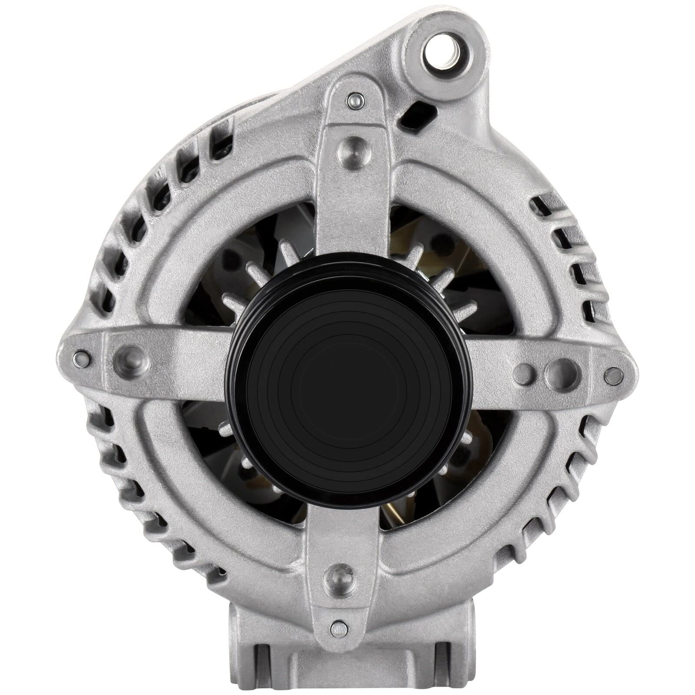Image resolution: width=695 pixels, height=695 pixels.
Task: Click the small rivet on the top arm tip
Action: [x=355, y=101]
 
